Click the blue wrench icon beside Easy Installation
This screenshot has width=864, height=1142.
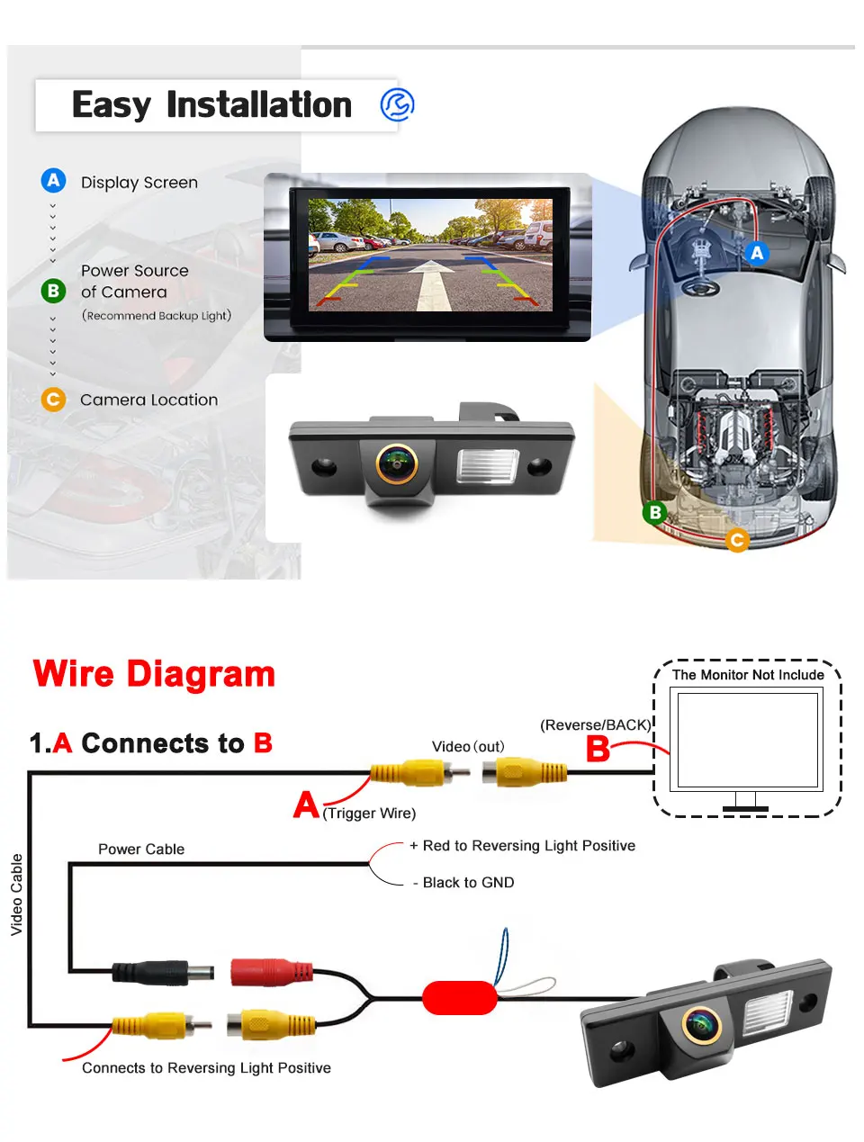[x=397, y=104]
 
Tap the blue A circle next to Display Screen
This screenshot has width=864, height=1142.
[x=54, y=181]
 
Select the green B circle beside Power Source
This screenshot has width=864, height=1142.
[x=54, y=291]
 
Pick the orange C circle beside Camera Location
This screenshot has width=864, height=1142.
[x=54, y=399]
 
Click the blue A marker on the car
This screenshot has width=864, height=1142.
[x=757, y=253]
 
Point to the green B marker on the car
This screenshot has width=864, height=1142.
[x=655, y=512]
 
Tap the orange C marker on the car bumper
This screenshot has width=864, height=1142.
[x=737, y=540]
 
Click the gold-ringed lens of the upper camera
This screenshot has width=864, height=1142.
[x=396, y=463]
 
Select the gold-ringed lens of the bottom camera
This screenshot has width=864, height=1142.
[x=701, y=1024]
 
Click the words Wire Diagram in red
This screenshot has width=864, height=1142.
[x=154, y=674]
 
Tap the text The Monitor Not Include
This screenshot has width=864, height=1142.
[x=748, y=675]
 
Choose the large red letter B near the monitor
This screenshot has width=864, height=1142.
[x=598, y=749]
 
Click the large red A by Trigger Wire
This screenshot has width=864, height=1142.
[x=306, y=804]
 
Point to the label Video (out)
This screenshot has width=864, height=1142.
[x=468, y=747]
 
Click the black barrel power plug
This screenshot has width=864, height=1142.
[x=162, y=973]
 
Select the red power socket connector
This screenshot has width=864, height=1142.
[x=270, y=972]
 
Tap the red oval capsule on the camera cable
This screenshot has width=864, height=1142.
[x=460, y=997]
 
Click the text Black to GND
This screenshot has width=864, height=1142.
[x=463, y=883]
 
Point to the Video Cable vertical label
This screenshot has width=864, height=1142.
[x=16, y=895]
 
